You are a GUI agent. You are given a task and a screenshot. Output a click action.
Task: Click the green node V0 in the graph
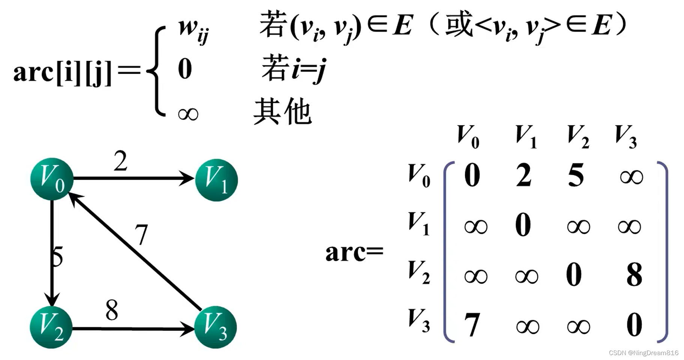click(x=52, y=179)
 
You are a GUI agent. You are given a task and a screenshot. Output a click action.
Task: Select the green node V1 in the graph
click(x=216, y=180)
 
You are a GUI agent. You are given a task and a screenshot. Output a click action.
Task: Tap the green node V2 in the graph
click(x=51, y=327)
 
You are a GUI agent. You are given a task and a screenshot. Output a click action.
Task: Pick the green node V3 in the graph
click(x=215, y=327)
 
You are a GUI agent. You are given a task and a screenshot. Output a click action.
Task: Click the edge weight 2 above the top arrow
click(x=120, y=161)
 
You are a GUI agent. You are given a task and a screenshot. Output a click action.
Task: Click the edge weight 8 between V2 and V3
click(x=112, y=310)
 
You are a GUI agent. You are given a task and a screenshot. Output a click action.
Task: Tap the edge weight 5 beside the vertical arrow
click(x=57, y=257)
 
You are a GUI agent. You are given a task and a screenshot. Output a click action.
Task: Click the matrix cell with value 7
click(x=472, y=325)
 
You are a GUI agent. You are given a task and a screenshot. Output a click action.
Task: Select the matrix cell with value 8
click(x=634, y=275)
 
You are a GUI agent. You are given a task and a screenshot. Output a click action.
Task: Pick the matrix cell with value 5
click(x=576, y=175)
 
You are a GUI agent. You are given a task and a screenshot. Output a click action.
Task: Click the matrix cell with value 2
click(x=523, y=175)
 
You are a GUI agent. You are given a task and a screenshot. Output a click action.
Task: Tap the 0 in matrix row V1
click(x=523, y=224)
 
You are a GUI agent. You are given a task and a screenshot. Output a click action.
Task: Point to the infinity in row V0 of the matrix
click(x=631, y=177)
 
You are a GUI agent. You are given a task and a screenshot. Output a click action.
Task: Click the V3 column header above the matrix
click(x=626, y=136)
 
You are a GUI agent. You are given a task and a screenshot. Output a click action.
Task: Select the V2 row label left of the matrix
click(x=419, y=272)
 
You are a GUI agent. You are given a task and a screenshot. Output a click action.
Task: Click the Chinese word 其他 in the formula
click(x=283, y=111)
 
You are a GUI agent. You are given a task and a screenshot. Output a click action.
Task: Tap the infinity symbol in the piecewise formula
click(x=188, y=114)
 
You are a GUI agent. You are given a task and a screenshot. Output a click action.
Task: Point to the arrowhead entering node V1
click(x=188, y=178)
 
